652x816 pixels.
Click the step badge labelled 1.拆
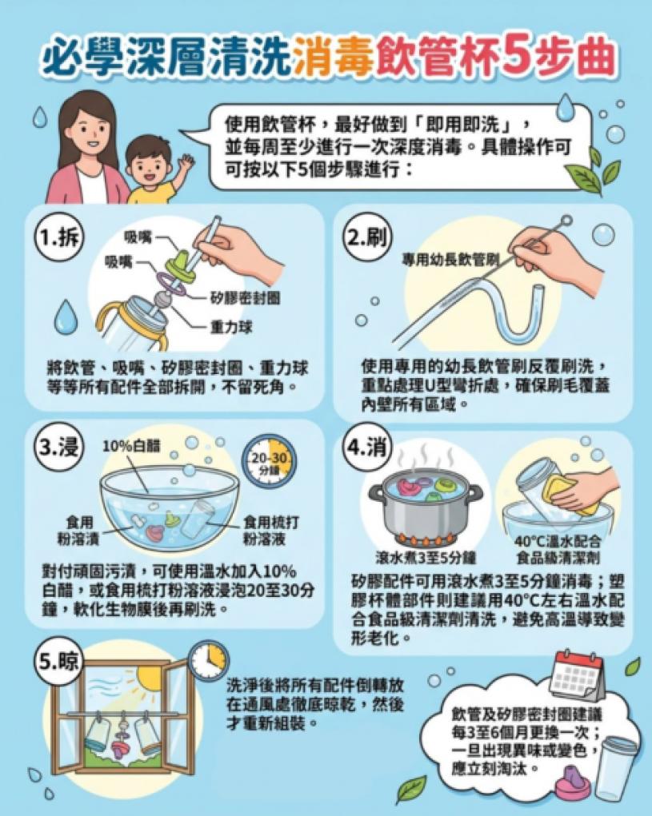[58, 238]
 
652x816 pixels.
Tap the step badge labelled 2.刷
[367, 238]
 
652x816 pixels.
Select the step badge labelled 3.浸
[58, 447]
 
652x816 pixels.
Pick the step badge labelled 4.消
[367, 448]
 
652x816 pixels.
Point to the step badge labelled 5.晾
[59, 661]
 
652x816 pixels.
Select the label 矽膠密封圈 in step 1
[246, 298]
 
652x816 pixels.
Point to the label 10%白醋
[131, 446]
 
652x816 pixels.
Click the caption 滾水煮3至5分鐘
[426, 558]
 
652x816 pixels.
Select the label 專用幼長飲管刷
[450, 260]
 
